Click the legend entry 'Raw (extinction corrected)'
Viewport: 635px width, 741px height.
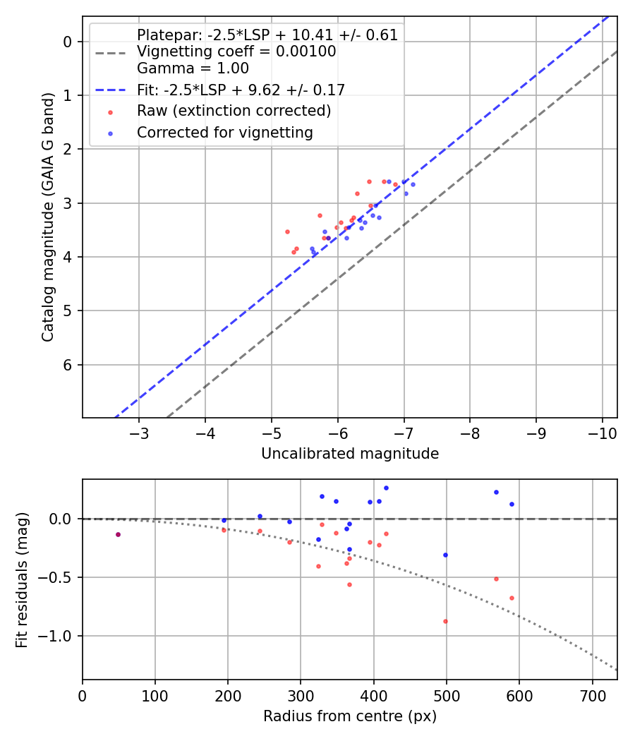coord(234,111)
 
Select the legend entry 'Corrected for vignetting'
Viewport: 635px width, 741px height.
coord(224,132)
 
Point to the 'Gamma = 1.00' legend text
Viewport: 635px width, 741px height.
coord(193,68)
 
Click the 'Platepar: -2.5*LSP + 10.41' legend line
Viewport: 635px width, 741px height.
coord(267,35)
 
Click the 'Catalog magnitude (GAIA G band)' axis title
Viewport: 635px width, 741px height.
coord(47,229)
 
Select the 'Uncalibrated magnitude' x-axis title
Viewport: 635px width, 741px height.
coord(350,454)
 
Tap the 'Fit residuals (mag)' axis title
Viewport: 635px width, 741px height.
coord(22,579)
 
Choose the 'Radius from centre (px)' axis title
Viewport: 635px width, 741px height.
coord(350,716)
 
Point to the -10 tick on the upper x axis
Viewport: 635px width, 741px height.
coord(602,432)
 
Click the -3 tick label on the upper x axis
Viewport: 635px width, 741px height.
coord(139,432)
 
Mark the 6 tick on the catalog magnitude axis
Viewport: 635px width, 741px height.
coord(67,365)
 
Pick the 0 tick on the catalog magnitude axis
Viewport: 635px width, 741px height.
coord(67,42)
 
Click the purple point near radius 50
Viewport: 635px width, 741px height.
coord(118,534)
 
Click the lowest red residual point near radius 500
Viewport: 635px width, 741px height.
coord(445,621)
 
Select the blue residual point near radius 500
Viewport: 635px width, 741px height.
coord(445,555)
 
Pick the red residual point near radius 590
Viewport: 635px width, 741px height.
coord(512,598)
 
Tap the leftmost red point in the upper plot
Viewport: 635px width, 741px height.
coord(287,231)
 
